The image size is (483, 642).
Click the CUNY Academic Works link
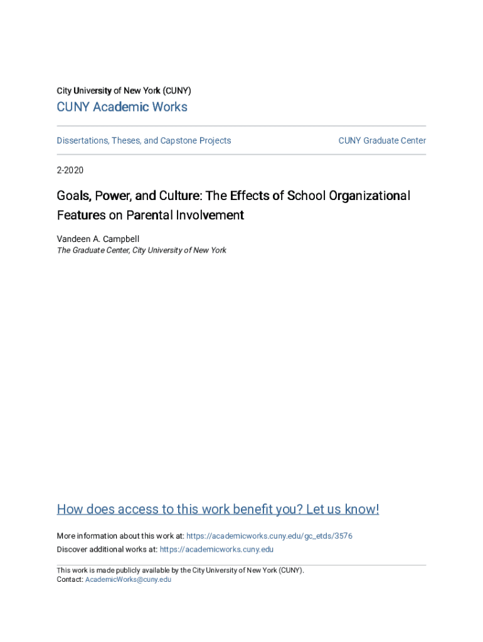(x=122, y=107)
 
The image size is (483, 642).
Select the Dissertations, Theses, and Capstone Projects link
(x=144, y=140)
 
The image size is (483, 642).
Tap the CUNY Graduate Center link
(x=382, y=140)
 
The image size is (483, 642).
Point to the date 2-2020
(x=70, y=170)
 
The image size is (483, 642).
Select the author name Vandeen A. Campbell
(x=98, y=239)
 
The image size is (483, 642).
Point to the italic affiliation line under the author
(x=141, y=250)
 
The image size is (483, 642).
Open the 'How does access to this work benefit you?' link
(x=218, y=509)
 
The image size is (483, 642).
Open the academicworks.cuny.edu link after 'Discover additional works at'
(x=216, y=549)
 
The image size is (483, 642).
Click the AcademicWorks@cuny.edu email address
(x=128, y=579)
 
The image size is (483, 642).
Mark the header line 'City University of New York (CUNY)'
(x=124, y=90)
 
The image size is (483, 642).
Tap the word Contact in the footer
(x=69, y=579)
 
